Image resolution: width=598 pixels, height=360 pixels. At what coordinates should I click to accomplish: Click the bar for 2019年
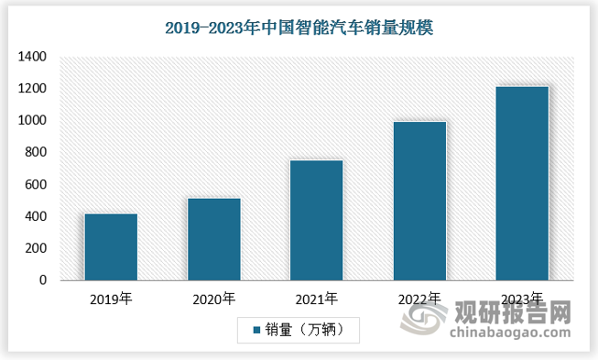[111, 246]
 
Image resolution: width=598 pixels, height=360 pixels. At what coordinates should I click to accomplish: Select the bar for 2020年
[214, 239]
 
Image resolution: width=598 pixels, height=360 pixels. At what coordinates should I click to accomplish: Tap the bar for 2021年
[317, 220]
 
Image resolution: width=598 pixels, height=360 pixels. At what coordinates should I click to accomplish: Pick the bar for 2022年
[419, 201]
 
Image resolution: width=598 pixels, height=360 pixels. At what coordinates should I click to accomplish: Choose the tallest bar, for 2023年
[522, 183]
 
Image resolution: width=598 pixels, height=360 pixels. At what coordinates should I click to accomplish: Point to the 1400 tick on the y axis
[31, 57]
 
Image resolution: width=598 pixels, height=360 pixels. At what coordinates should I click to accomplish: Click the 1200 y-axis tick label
[31, 89]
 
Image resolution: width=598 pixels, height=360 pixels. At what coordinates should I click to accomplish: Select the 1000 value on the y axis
[31, 121]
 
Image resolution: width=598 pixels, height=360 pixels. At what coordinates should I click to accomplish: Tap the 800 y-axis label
[35, 153]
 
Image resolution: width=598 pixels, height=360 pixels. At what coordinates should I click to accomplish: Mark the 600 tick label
[35, 185]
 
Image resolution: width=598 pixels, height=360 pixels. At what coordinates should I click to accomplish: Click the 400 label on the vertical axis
[35, 217]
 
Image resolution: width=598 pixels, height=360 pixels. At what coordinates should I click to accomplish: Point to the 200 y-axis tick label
[35, 249]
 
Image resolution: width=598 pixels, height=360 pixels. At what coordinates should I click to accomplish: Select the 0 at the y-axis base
[42, 281]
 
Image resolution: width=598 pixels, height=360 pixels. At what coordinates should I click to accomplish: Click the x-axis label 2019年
[112, 299]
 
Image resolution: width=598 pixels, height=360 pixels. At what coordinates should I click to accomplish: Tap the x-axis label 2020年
[214, 299]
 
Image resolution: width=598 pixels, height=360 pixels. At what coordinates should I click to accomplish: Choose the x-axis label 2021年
[317, 299]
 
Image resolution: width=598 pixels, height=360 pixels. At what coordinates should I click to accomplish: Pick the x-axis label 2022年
[419, 299]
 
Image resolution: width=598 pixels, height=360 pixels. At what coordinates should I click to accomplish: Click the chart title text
[299, 27]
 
